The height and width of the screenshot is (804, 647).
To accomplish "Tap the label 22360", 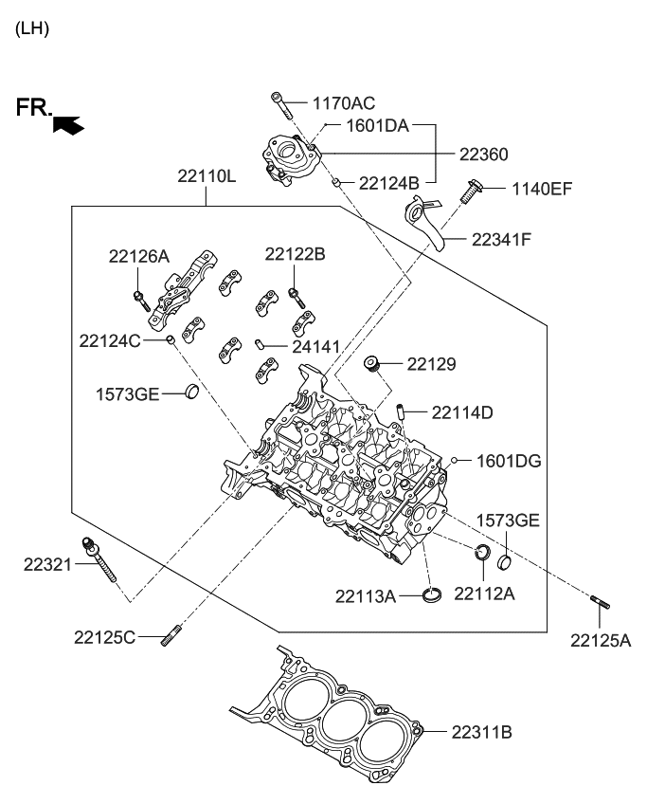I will coord(484,155).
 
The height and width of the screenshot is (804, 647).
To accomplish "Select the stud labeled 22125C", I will coord(173,634).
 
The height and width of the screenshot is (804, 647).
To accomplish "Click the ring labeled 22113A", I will coord(432,594).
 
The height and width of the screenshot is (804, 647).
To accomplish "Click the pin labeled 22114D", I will coord(404,412).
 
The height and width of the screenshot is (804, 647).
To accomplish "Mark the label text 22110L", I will coord(207,175).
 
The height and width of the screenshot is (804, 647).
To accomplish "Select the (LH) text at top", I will coord(32,28).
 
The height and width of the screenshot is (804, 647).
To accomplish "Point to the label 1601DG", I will coord(509,461).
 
